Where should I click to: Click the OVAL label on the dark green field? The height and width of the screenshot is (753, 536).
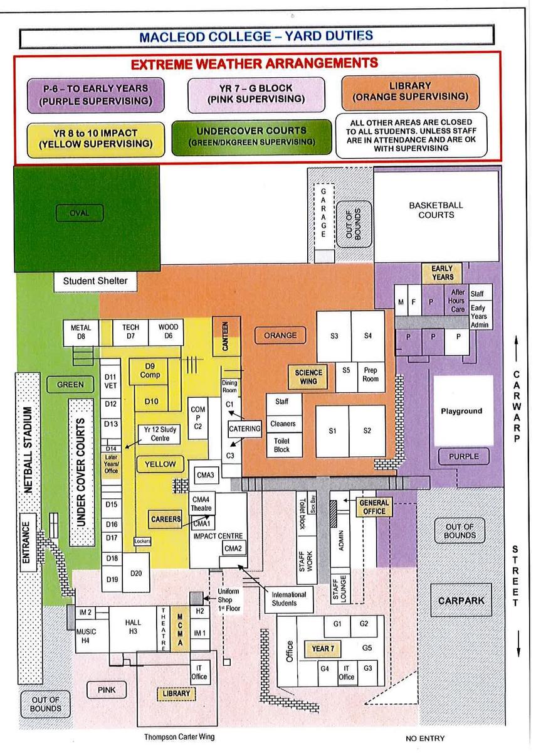(x=80, y=213)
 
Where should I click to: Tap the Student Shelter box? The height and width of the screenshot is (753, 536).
(x=95, y=281)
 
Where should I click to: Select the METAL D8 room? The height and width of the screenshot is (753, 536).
(x=81, y=332)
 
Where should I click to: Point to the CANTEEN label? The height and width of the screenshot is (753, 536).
(x=226, y=336)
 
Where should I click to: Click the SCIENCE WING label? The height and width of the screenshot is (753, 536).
(x=308, y=377)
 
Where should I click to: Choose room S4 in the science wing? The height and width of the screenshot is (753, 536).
(x=368, y=336)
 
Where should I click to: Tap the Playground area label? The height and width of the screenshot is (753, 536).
(x=462, y=411)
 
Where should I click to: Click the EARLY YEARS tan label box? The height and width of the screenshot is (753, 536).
(x=443, y=273)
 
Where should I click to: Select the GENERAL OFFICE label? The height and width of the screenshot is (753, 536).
(x=374, y=507)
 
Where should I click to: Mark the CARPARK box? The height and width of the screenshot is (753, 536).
(x=461, y=601)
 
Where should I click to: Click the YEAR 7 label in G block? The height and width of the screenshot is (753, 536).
(x=322, y=649)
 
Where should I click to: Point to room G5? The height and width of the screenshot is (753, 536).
(x=367, y=648)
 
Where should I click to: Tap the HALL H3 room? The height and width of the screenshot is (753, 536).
(x=133, y=627)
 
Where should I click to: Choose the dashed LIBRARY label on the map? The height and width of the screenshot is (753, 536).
(x=176, y=693)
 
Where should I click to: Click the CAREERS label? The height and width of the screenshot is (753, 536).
(x=166, y=519)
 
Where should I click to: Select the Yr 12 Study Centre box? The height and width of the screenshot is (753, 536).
(x=160, y=434)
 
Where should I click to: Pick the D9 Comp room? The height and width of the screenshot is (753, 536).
(x=149, y=371)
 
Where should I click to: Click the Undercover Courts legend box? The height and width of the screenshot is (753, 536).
(x=251, y=137)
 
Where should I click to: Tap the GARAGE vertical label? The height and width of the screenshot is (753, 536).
(x=323, y=213)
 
